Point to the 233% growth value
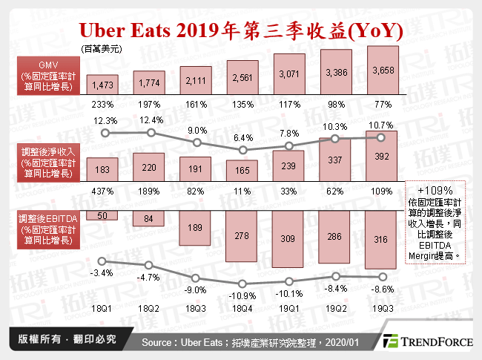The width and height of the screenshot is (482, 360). click(102, 104)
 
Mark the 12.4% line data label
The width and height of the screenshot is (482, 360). click(151, 120)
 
